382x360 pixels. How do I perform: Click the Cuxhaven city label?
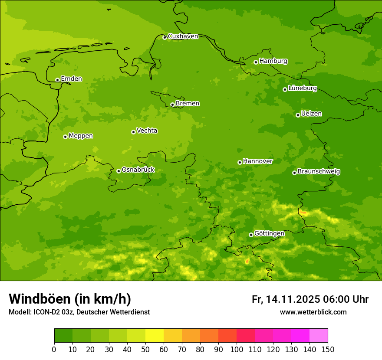click(x=183, y=36)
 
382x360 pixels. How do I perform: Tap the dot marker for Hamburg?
click(x=256, y=62)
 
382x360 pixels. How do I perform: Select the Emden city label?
click(x=71, y=79)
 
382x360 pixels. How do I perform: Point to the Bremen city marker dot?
click(x=172, y=105)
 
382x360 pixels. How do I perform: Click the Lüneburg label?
click(x=302, y=88)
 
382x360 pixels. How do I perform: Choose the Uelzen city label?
click(x=311, y=114)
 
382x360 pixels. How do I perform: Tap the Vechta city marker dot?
click(x=133, y=132)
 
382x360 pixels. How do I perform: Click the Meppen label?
click(x=81, y=136)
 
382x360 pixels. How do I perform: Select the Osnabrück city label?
click(x=138, y=170)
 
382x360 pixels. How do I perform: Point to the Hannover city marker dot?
click(x=240, y=162)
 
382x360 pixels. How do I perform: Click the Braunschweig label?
click(x=319, y=172)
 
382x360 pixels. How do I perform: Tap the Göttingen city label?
click(x=269, y=234)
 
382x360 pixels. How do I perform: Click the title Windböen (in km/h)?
click(x=70, y=299)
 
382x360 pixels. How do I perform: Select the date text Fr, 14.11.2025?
click(x=285, y=299)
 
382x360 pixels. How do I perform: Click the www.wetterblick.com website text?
click(x=313, y=312)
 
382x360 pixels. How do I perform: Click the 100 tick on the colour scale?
click(x=237, y=349)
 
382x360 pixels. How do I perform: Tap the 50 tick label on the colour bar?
click(x=145, y=349)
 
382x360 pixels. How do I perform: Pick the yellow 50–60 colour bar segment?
click(x=155, y=335)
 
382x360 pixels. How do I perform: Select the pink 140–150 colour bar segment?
click(x=319, y=335)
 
